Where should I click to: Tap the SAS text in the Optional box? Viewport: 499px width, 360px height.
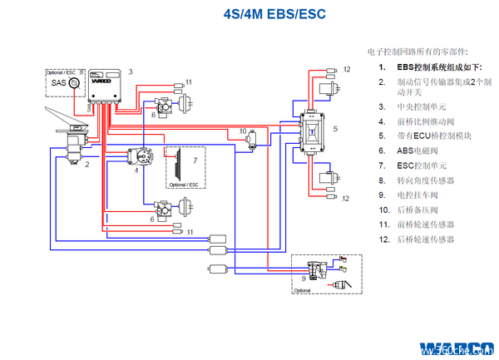click(58, 83)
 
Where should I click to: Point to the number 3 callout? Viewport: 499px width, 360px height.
click(131, 72)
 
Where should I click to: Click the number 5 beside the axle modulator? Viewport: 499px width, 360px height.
click(333, 129)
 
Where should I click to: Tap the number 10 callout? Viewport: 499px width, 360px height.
click(243, 131)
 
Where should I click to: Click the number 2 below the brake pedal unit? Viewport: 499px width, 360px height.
click(86, 165)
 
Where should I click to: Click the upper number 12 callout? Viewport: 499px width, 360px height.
click(348, 69)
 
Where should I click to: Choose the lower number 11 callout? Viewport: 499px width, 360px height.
click(190, 231)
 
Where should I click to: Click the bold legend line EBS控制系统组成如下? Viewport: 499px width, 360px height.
click(434, 67)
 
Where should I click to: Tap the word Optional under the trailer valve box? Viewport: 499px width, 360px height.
click(303, 291)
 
